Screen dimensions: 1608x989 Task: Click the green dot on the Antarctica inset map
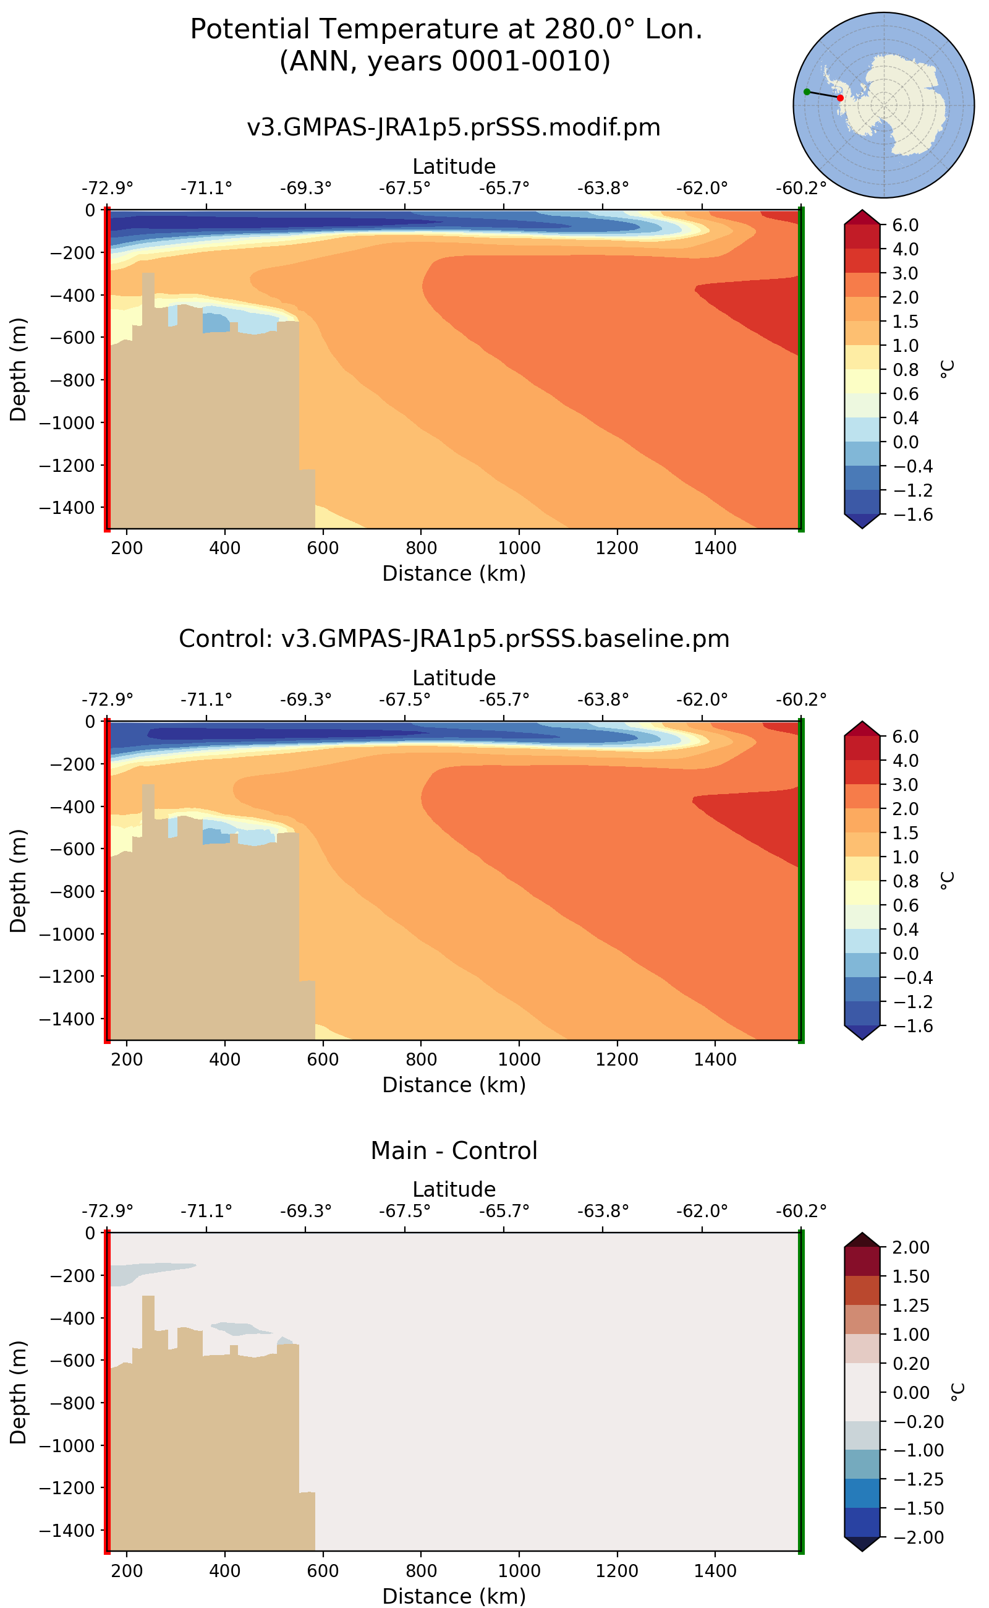pos(807,92)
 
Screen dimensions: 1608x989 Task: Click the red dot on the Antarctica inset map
pos(840,98)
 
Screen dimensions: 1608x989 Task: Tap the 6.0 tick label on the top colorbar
pos(906,225)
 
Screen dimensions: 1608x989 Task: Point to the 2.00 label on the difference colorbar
pos(910,1247)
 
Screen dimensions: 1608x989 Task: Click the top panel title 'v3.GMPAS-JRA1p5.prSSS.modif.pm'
pos(454,127)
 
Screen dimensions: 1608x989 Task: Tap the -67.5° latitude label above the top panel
pos(404,189)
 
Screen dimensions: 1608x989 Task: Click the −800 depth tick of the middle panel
pos(67,891)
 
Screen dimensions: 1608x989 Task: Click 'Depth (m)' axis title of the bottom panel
pos(19,1392)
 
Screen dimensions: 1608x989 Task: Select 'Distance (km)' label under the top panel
pos(454,573)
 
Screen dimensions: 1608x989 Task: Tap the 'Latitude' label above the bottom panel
pos(454,1189)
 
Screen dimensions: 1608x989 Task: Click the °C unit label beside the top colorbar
pos(946,369)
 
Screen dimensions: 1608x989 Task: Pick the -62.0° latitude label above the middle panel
pos(701,699)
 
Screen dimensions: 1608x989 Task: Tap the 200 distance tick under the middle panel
pos(127,1059)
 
